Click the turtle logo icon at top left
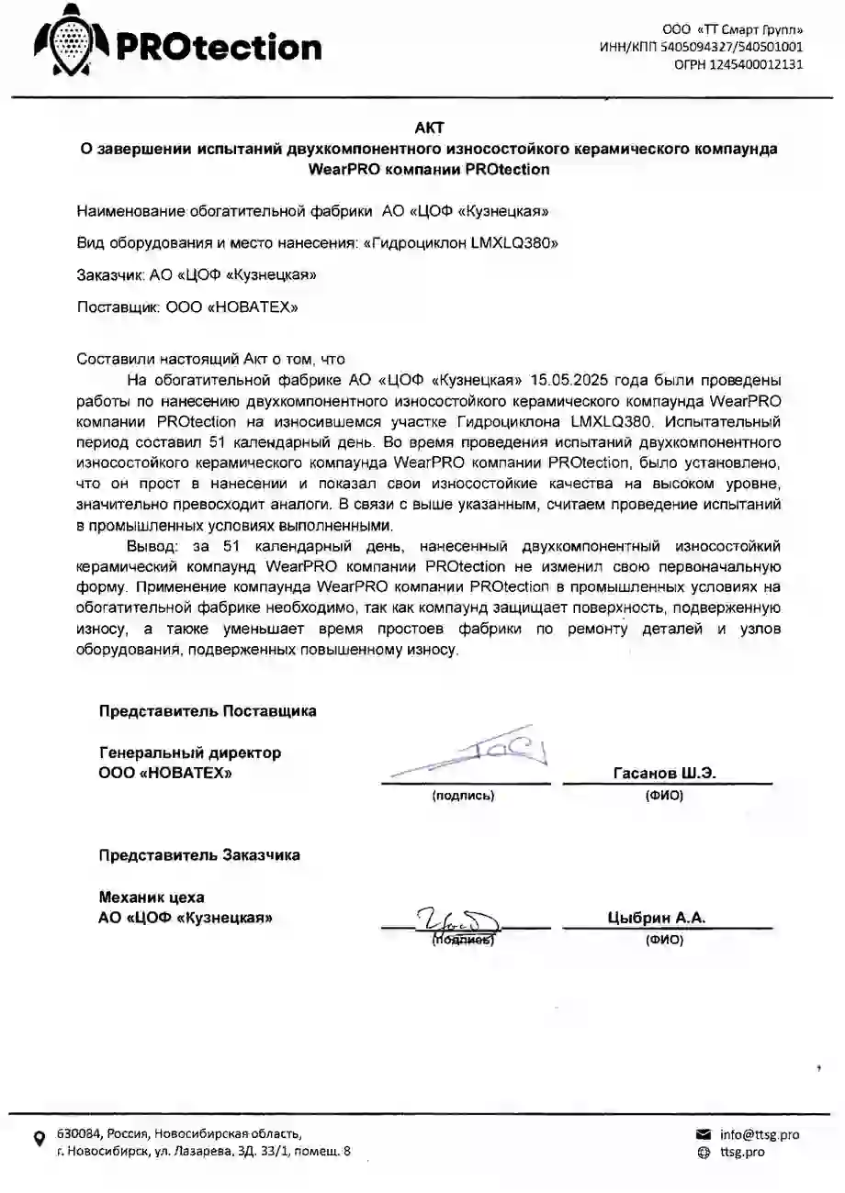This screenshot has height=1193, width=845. tap(70, 41)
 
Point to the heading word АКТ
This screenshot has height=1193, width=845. tap(429, 128)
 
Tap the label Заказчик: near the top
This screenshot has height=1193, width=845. tap(110, 274)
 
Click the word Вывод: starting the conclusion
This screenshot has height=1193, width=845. tap(152, 546)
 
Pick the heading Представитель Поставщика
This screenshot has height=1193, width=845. tap(208, 710)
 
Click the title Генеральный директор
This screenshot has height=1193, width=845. tap(190, 753)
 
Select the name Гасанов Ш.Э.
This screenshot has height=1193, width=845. tap(664, 773)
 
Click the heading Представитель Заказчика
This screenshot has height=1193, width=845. tap(199, 854)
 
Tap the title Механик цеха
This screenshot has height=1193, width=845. tap(152, 897)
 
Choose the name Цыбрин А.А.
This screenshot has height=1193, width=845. tap(656, 917)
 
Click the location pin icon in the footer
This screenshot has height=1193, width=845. tap(39, 1139)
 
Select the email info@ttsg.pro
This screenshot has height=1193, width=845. tap(759, 1134)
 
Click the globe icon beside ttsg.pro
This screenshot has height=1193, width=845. tap(704, 1153)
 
